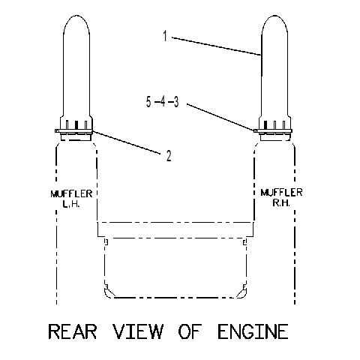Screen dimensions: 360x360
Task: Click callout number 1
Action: click(x=165, y=36)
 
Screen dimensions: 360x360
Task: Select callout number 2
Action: click(x=169, y=156)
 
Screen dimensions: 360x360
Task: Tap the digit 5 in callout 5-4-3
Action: click(x=148, y=102)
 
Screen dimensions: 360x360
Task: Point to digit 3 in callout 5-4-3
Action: click(x=176, y=102)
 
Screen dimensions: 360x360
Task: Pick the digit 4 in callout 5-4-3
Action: click(x=163, y=102)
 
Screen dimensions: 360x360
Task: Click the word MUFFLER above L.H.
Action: click(x=71, y=194)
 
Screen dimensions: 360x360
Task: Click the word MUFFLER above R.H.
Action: click(x=281, y=193)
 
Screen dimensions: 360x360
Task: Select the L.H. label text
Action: click(x=71, y=204)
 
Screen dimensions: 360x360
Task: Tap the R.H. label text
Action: click(x=281, y=202)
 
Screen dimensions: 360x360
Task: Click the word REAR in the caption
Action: click(x=73, y=331)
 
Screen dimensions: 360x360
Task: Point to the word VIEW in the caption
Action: click(x=138, y=331)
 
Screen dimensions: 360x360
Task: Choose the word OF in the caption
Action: click(x=190, y=331)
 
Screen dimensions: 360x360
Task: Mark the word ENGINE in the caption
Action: click(x=253, y=331)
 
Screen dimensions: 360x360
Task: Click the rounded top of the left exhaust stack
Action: click(x=76, y=16)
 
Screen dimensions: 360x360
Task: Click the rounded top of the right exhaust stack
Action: click(x=274, y=16)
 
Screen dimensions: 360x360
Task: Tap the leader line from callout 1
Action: click(x=217, y=46)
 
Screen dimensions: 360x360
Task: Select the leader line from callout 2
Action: click(x=126, y=142)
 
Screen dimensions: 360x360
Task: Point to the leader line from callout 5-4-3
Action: click(x=220, y=117)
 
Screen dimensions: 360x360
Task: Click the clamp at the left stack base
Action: click(x=73, y=130)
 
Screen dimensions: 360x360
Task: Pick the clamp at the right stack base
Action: click(x=273, y=130)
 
